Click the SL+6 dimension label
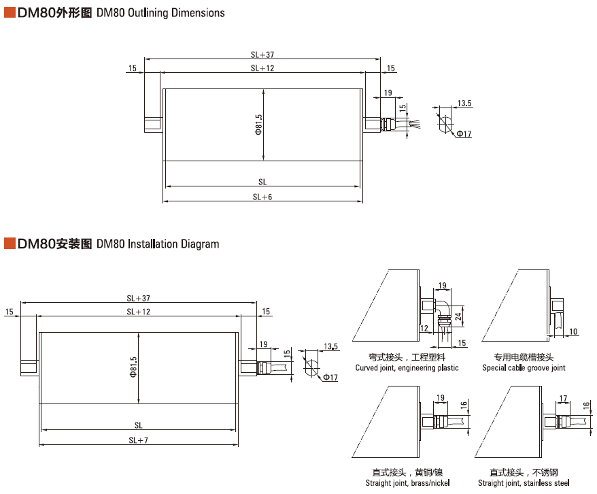point(262,197)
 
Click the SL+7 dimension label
point(138,440)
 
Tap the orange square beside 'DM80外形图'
point(10,12)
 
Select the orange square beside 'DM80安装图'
point(10,244)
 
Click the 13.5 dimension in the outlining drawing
point(464,103)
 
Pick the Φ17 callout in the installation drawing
point(330,378)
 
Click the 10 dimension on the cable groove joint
point(573,331)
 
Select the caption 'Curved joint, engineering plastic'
point(407,368)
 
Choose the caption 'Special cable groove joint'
point(524,368)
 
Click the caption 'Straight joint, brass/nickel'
point(407,483)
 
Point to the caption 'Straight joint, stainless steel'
point(524,483)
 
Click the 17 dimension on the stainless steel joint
point(563,397)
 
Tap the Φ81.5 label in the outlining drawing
point(258,125)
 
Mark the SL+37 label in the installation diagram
point(138,298)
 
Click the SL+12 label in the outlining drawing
point(262,68)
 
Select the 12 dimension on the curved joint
point(424,329)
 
